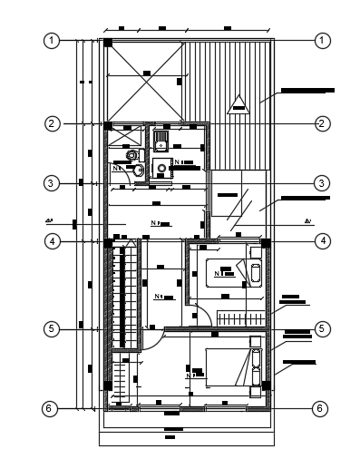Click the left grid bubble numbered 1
(x=54, y=41)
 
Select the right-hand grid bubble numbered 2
(x=320, y=122)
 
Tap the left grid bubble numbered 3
(x=54, y=183)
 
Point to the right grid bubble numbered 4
(x=320, y=241)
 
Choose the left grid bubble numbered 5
(x=54, y=328)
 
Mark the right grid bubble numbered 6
(x=320, y=409)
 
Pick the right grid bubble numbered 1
(x=320, y=41)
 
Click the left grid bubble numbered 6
(x=54, y=409)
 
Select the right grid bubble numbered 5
(x=320, y=328)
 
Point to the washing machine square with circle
(x=161, y=166)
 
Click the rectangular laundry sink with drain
(x=161, y=140)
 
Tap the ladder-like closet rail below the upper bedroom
(x=239, y=318)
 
